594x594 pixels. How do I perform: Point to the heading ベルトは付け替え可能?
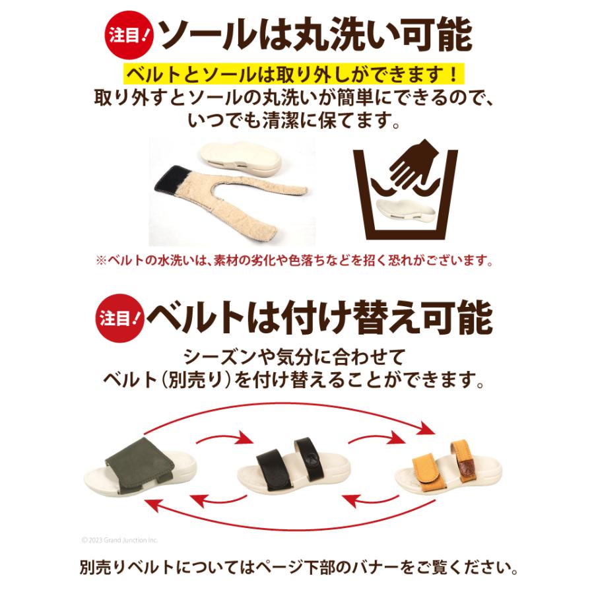tap(319, 317)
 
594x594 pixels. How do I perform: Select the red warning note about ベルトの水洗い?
tap(295, 261)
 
